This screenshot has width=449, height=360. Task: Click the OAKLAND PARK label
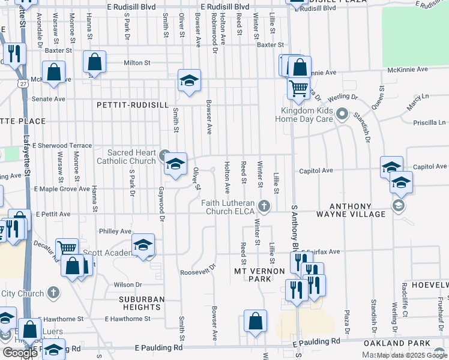pyautogui.click(x=406, y=343)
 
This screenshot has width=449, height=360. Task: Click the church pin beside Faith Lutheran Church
pyautogui.click(x=263, y=208)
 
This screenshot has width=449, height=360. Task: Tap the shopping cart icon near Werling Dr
pyautogui.click(x=298, y=88)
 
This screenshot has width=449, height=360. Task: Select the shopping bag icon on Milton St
pyautogui.click(x=95, y=62)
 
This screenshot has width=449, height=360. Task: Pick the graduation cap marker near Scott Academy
pyautogui.click(x=143, y=245)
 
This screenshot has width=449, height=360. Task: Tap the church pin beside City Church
pyautogui.click(x=53, y=293)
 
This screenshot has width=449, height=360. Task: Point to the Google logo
pyautogui.click(x=20, y=353)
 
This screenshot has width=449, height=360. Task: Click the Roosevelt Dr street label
pyautogui.click(x=197, y=272)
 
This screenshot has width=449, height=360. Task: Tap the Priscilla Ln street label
pyautogui.click(x=429, y=122)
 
